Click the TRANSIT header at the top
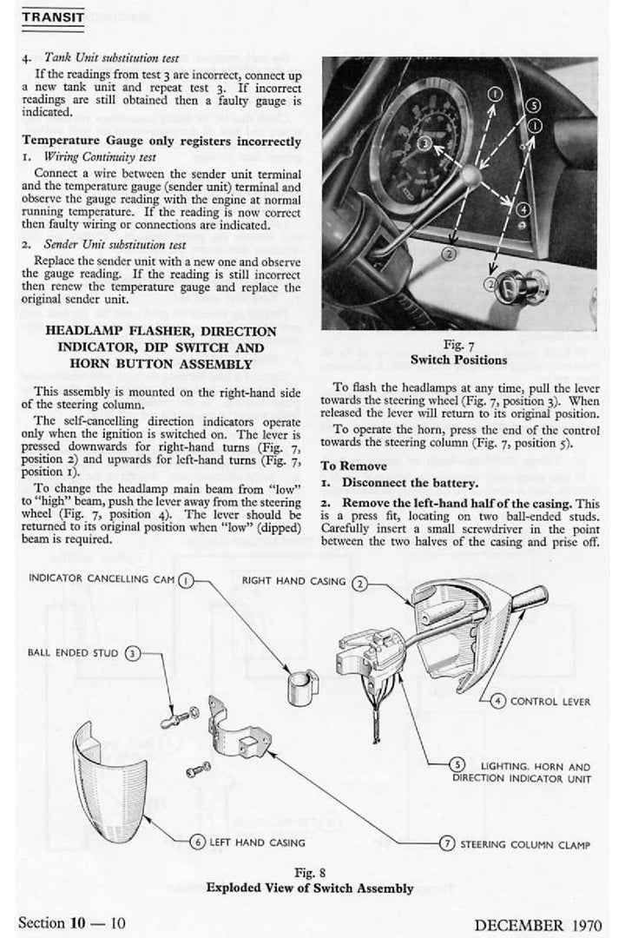point(52,17)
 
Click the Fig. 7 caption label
point(458,345)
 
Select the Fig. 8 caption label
point(309,872)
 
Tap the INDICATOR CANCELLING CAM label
point(102,578)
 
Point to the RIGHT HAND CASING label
point(293,581)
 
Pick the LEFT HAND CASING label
point(257,842)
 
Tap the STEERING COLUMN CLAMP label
point(525,843)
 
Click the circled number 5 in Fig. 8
point(457,764)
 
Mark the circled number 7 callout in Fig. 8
point(447,842)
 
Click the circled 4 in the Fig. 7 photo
point(523,209)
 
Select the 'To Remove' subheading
point(353,466)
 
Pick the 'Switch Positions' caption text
point(458,360)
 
